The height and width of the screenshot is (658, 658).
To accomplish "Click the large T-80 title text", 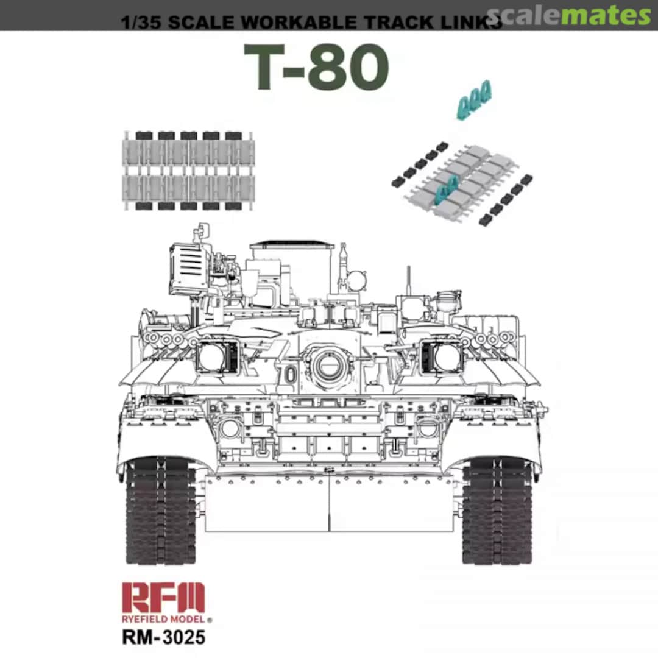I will point(316,68).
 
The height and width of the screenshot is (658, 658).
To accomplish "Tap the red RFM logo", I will point(163,598).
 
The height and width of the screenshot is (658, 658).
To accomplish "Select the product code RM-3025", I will point(163,637).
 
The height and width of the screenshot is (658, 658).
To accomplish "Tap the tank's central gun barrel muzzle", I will point(329,364).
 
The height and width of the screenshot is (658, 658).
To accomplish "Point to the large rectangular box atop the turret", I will point(292,268).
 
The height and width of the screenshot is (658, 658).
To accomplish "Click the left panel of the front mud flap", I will point(266,503).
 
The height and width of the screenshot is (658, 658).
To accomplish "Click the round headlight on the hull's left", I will point(230,428).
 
